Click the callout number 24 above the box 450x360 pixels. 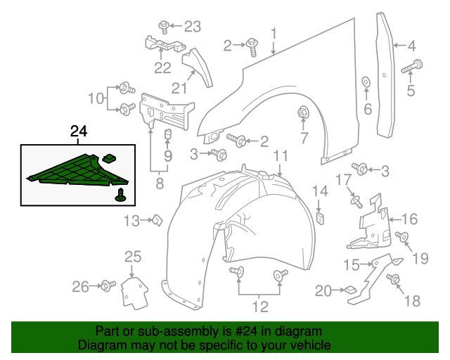click(x=79, y=131)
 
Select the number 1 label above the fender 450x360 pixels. click(x=274, y=32)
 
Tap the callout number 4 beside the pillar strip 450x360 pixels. click(x=411, y=46)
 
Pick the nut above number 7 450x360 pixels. click(x=304, y=112)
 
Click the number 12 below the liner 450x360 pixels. click(x=260, y=306)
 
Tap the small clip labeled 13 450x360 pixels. click(x=158, y=221)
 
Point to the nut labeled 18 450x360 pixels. click(x=394, y=280)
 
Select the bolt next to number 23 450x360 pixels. click(x=163, y=26)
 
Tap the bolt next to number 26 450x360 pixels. click(x=108, y=285)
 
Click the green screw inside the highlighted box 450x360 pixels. click(x=121, y=195)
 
